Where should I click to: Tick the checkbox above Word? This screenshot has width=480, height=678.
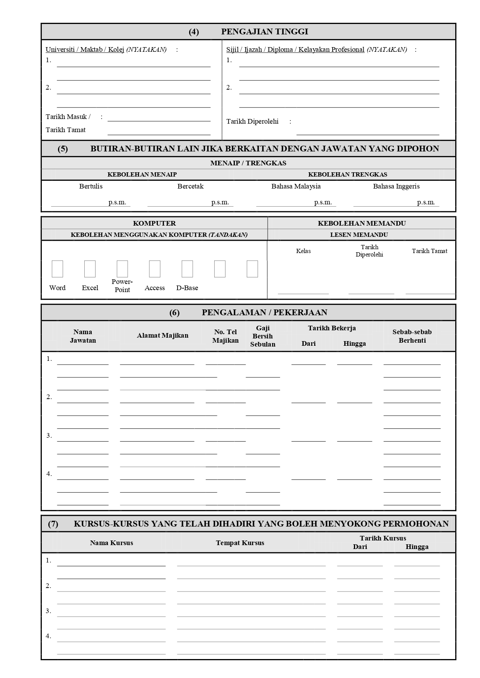point(57,269)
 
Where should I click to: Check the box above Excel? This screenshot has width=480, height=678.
point(90,269)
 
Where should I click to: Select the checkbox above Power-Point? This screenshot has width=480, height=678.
point(122,269)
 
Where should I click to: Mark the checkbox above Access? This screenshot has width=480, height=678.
point(155,269)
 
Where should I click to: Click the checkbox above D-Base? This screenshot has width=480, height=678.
point(187,269)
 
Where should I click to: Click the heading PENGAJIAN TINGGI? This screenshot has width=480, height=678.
point(265,32)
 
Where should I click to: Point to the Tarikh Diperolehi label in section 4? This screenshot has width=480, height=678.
point(252,121)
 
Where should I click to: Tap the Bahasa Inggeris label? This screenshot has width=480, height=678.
point(396,186)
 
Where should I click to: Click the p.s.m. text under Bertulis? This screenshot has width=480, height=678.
point(117,202)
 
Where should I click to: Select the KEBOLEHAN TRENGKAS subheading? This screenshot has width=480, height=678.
point(347,174)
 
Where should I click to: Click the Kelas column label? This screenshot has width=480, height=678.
point(303,251)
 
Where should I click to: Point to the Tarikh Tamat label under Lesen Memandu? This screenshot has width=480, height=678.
point(429,251)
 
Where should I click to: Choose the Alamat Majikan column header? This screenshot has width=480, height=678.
point(162,335)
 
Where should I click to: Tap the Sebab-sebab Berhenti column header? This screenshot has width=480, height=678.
point(412,336)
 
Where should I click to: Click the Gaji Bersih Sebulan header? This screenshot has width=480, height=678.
point(263,336)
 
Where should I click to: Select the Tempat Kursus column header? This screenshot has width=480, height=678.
point(240,543)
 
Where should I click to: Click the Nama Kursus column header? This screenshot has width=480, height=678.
point(111,543)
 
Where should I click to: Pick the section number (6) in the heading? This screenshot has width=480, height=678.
point(174,313)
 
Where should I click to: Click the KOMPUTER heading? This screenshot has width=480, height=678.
point(154,223)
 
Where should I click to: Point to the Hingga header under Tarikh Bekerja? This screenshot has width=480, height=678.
point(354,343)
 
